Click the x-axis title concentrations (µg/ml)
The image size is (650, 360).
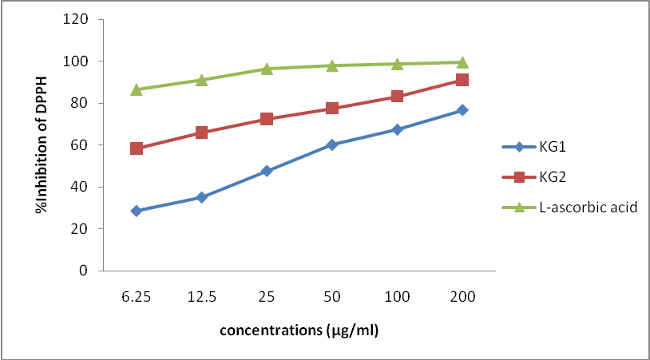point(299,330)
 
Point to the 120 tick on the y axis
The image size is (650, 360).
point(77,19)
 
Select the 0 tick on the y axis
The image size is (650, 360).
point(83,271)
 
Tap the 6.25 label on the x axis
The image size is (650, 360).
point(137,296)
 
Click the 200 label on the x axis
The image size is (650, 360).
point(462,296)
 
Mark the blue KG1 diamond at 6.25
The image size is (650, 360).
point(137,211)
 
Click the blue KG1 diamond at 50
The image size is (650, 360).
point(332,144)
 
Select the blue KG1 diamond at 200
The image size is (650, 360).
point(462,110)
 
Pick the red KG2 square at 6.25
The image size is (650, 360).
point(137,148)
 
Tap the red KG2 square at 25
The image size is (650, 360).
point(267,119)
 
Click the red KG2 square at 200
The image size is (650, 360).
point(462,80)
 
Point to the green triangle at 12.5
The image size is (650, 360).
point(202,80)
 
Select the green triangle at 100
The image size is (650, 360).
point(397,64)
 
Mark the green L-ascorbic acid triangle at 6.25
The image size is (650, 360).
point(137,89)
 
